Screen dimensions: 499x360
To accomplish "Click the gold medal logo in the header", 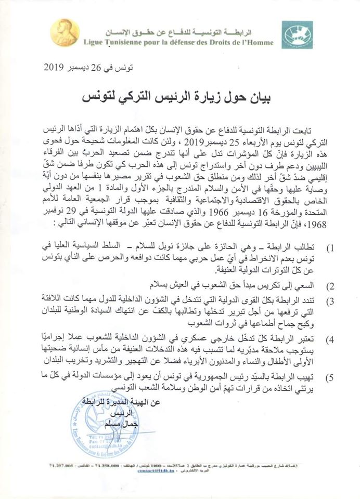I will (x=65, y=32).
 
